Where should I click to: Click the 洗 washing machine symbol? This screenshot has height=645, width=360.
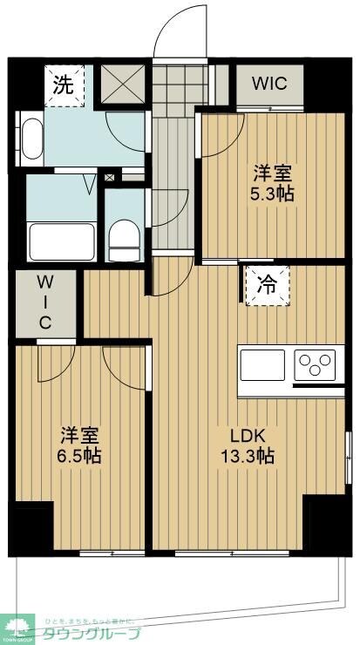click(64, 85)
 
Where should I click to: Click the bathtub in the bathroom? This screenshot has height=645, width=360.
click(61, 240)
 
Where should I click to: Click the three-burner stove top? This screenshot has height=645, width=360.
click(316, 363)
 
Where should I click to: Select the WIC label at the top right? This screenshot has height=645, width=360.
click(269, 84)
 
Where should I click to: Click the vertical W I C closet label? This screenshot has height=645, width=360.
click(44, 302)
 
